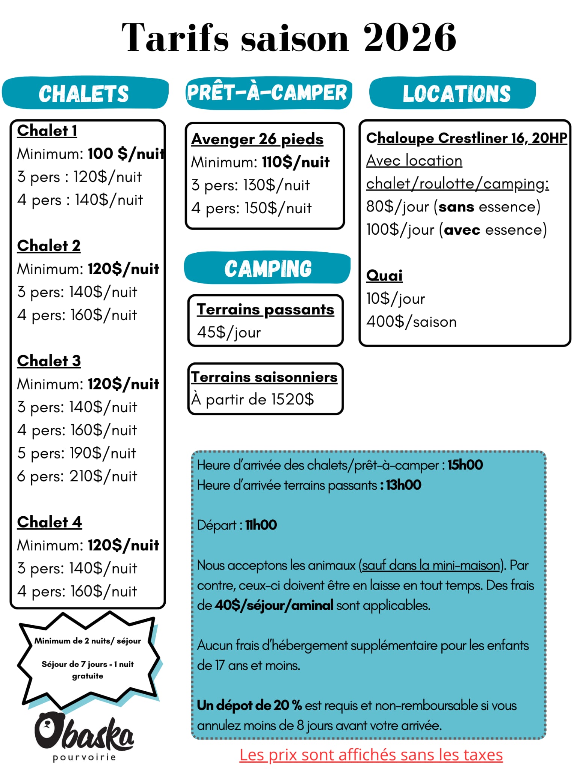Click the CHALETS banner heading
click(x=84, y=93)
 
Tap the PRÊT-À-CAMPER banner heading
click(x=267, y=93)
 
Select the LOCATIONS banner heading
click(x=456, y=93)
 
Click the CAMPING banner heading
click(x=268, y=269)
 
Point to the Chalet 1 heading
click(x=47, y=131)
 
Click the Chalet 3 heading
click(x=49, y=361)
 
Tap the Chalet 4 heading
click(x=49, y=522)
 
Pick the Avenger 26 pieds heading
click(x=257, y=139)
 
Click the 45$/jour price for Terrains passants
click(x=229, y=332)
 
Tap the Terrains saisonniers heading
click(x=264, y=377)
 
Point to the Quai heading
click(x=384, y=276)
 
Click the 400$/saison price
click(x=411, y=322)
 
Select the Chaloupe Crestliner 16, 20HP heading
click(x=466, y=138)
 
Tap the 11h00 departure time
click(x=261, y=525)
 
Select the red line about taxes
click(x=371, y=755)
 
